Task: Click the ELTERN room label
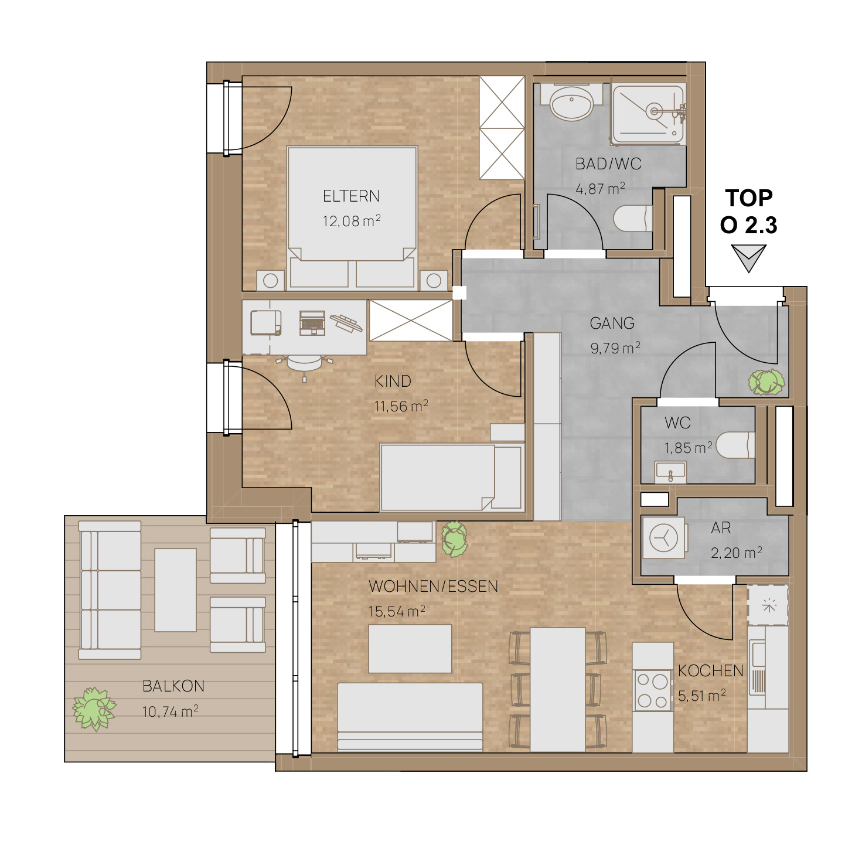[x=350, y=196]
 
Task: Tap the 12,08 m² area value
[x=352, y=220]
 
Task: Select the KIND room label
[x=392, y=381]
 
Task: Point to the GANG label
[x=612, y=323]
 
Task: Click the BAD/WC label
[x=608, y=163]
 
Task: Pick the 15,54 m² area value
[x=396, y=611]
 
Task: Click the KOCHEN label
[x=710, y=670]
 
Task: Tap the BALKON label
[x=173, y=686]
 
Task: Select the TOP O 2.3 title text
[x=748, y=211]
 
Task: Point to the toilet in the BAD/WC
[x=632, y=218]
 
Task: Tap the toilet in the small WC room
[x=735, y=445]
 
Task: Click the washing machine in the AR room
[x=663, y=537]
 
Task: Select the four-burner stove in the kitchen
[x=653, y=691]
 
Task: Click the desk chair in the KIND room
[x=304, y=364]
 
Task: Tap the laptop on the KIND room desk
[x=312, y=322]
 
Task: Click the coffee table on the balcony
[x=175, y=590]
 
